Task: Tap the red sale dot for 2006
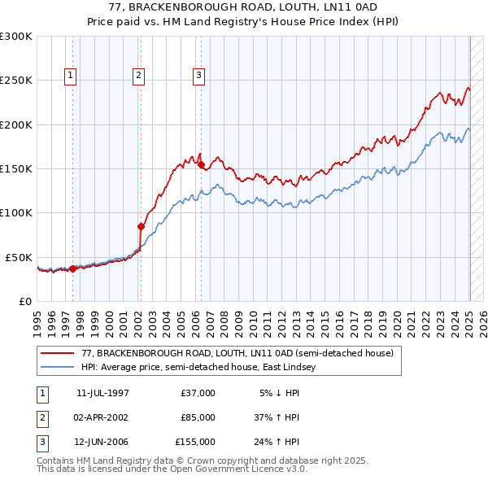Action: click(x=201, y=164)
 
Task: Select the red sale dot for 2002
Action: click(x=141, y=226)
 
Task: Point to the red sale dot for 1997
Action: click(x=72, y=268)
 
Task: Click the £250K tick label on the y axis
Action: click(x=16, y=81)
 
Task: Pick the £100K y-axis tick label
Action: click(x=16, y=212)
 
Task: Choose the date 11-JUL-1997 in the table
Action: click(x=102, y=393)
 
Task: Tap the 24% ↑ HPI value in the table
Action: click(x=278, y=442)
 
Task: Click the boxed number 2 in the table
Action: click(x=40, y=417)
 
